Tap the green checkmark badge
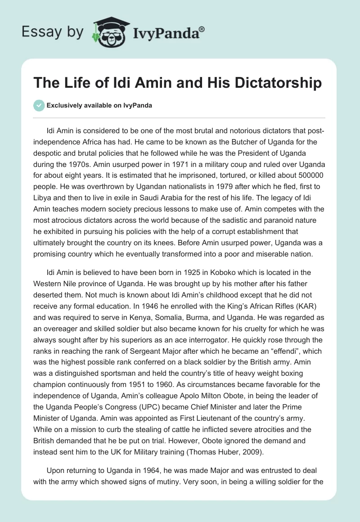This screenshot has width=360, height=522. pyautogui.click(x=39, y=105)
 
